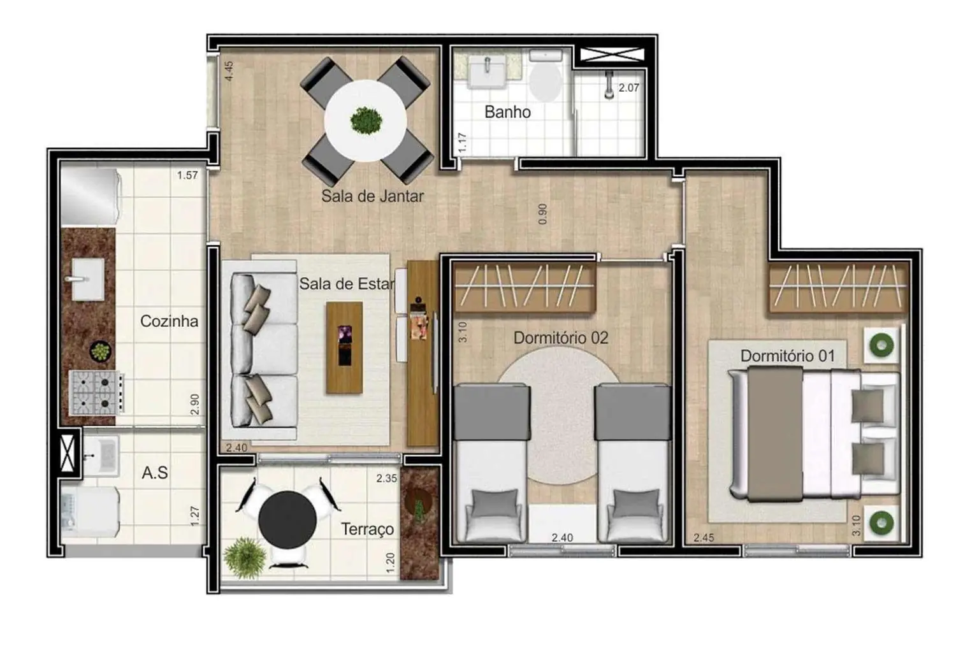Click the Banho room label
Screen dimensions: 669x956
(x=507, y=112)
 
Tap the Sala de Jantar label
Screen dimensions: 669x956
(x=372, y=196)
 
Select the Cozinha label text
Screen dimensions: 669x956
(x=169, y=321)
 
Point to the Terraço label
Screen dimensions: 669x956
(x=367, y=529)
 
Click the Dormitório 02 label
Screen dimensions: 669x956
(x=561, y=338)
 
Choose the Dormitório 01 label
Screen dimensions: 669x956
(x=787, y=356)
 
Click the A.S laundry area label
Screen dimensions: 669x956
(x=155, y=473)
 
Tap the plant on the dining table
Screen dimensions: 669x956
(x=366, y=119)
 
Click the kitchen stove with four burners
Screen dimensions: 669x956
(x=96, y=392)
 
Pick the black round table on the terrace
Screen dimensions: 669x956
(x=287, y=520)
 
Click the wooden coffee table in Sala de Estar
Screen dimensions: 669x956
(x=344, y=347)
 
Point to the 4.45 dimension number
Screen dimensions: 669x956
(x=229, y=70)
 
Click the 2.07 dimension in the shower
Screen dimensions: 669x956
(x=628, y=88)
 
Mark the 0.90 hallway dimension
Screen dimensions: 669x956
(x=542, y=214)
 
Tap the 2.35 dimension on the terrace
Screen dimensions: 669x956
(x=386, y=478)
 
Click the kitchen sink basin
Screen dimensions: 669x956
(x=88, y=278)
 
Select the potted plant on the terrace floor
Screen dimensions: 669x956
(x=245, y=557)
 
